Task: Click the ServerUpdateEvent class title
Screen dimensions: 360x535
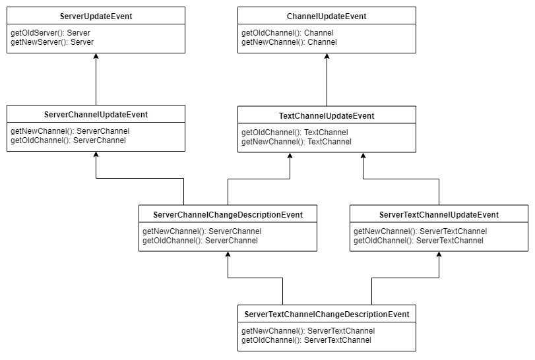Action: (96, 16)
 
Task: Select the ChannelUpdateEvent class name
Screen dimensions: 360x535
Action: (327, 16)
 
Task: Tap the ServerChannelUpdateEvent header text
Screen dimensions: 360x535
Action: (96, 115)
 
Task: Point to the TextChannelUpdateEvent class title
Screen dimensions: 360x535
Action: (327, 116)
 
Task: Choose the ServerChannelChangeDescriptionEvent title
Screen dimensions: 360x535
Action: (228, 215)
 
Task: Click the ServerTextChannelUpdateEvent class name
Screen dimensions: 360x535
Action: (439, 215)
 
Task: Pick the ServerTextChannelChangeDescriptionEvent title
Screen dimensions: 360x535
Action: (327, 315)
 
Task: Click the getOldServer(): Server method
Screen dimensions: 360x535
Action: (50, 32)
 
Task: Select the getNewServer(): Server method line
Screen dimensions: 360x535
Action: (52, 42)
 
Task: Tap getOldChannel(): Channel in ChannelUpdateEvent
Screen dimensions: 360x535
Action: (287, 33)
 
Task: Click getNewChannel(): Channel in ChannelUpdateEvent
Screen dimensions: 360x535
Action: (289, 42)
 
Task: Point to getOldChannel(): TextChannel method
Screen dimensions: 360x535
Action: (294, 133)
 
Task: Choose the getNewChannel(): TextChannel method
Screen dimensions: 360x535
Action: (296, 142)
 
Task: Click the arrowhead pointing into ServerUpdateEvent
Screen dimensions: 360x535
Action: (96, 57)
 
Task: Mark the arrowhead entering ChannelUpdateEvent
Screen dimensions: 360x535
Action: (327, 57)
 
